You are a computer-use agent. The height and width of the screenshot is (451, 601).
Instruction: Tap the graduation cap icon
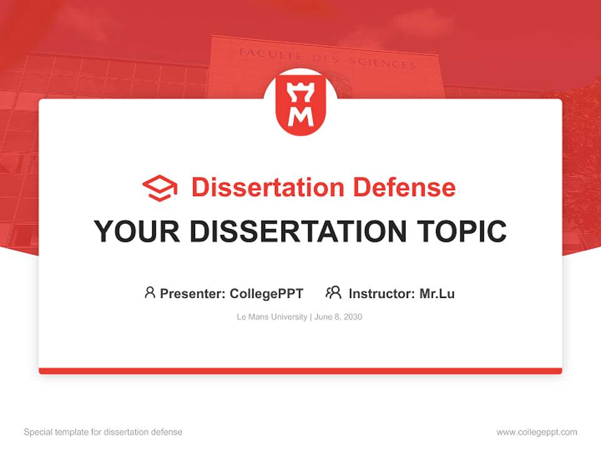coord(160,188)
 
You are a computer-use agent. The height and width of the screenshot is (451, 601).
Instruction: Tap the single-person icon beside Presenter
coord(150,293)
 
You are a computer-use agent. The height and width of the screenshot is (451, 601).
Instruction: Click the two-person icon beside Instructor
coord(334,293)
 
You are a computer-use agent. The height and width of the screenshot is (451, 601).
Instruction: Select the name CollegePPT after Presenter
coord(267,293)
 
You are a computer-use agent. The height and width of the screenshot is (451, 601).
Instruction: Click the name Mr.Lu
coord(437,293)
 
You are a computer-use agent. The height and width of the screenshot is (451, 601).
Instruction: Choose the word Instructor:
coord(382,293)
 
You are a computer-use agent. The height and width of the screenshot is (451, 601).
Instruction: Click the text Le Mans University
coord(272,317)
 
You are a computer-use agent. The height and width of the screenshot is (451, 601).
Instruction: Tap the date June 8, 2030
coord(339,317)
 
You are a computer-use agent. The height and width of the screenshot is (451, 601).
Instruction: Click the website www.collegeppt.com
coord(537,432)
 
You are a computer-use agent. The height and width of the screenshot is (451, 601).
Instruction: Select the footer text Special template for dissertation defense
coord(103,432)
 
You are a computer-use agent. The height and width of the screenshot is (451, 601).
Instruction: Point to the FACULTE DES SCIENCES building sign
coord(327,58)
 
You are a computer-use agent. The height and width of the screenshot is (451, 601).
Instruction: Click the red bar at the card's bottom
coord(300,371)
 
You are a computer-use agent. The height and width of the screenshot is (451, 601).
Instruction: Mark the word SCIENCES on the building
coord(389,63)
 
